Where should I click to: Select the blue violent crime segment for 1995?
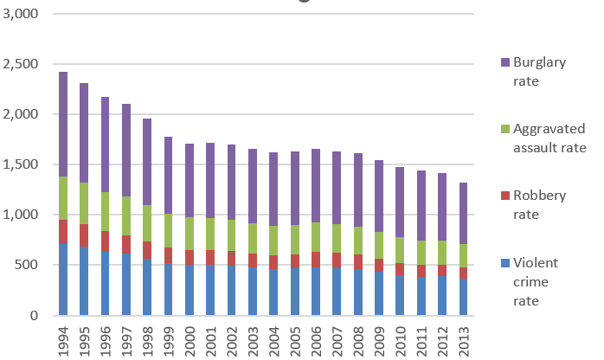pyautogui.click(x=85, y=281)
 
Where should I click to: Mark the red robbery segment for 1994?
pyautogui.click(x=63, y=232)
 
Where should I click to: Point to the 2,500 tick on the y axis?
pyautogui.click(x=22, y=65)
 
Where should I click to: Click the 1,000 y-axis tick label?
pyautogui.click(x=22, y=215)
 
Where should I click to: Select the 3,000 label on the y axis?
pyautogui.click(x=22, y=15)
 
